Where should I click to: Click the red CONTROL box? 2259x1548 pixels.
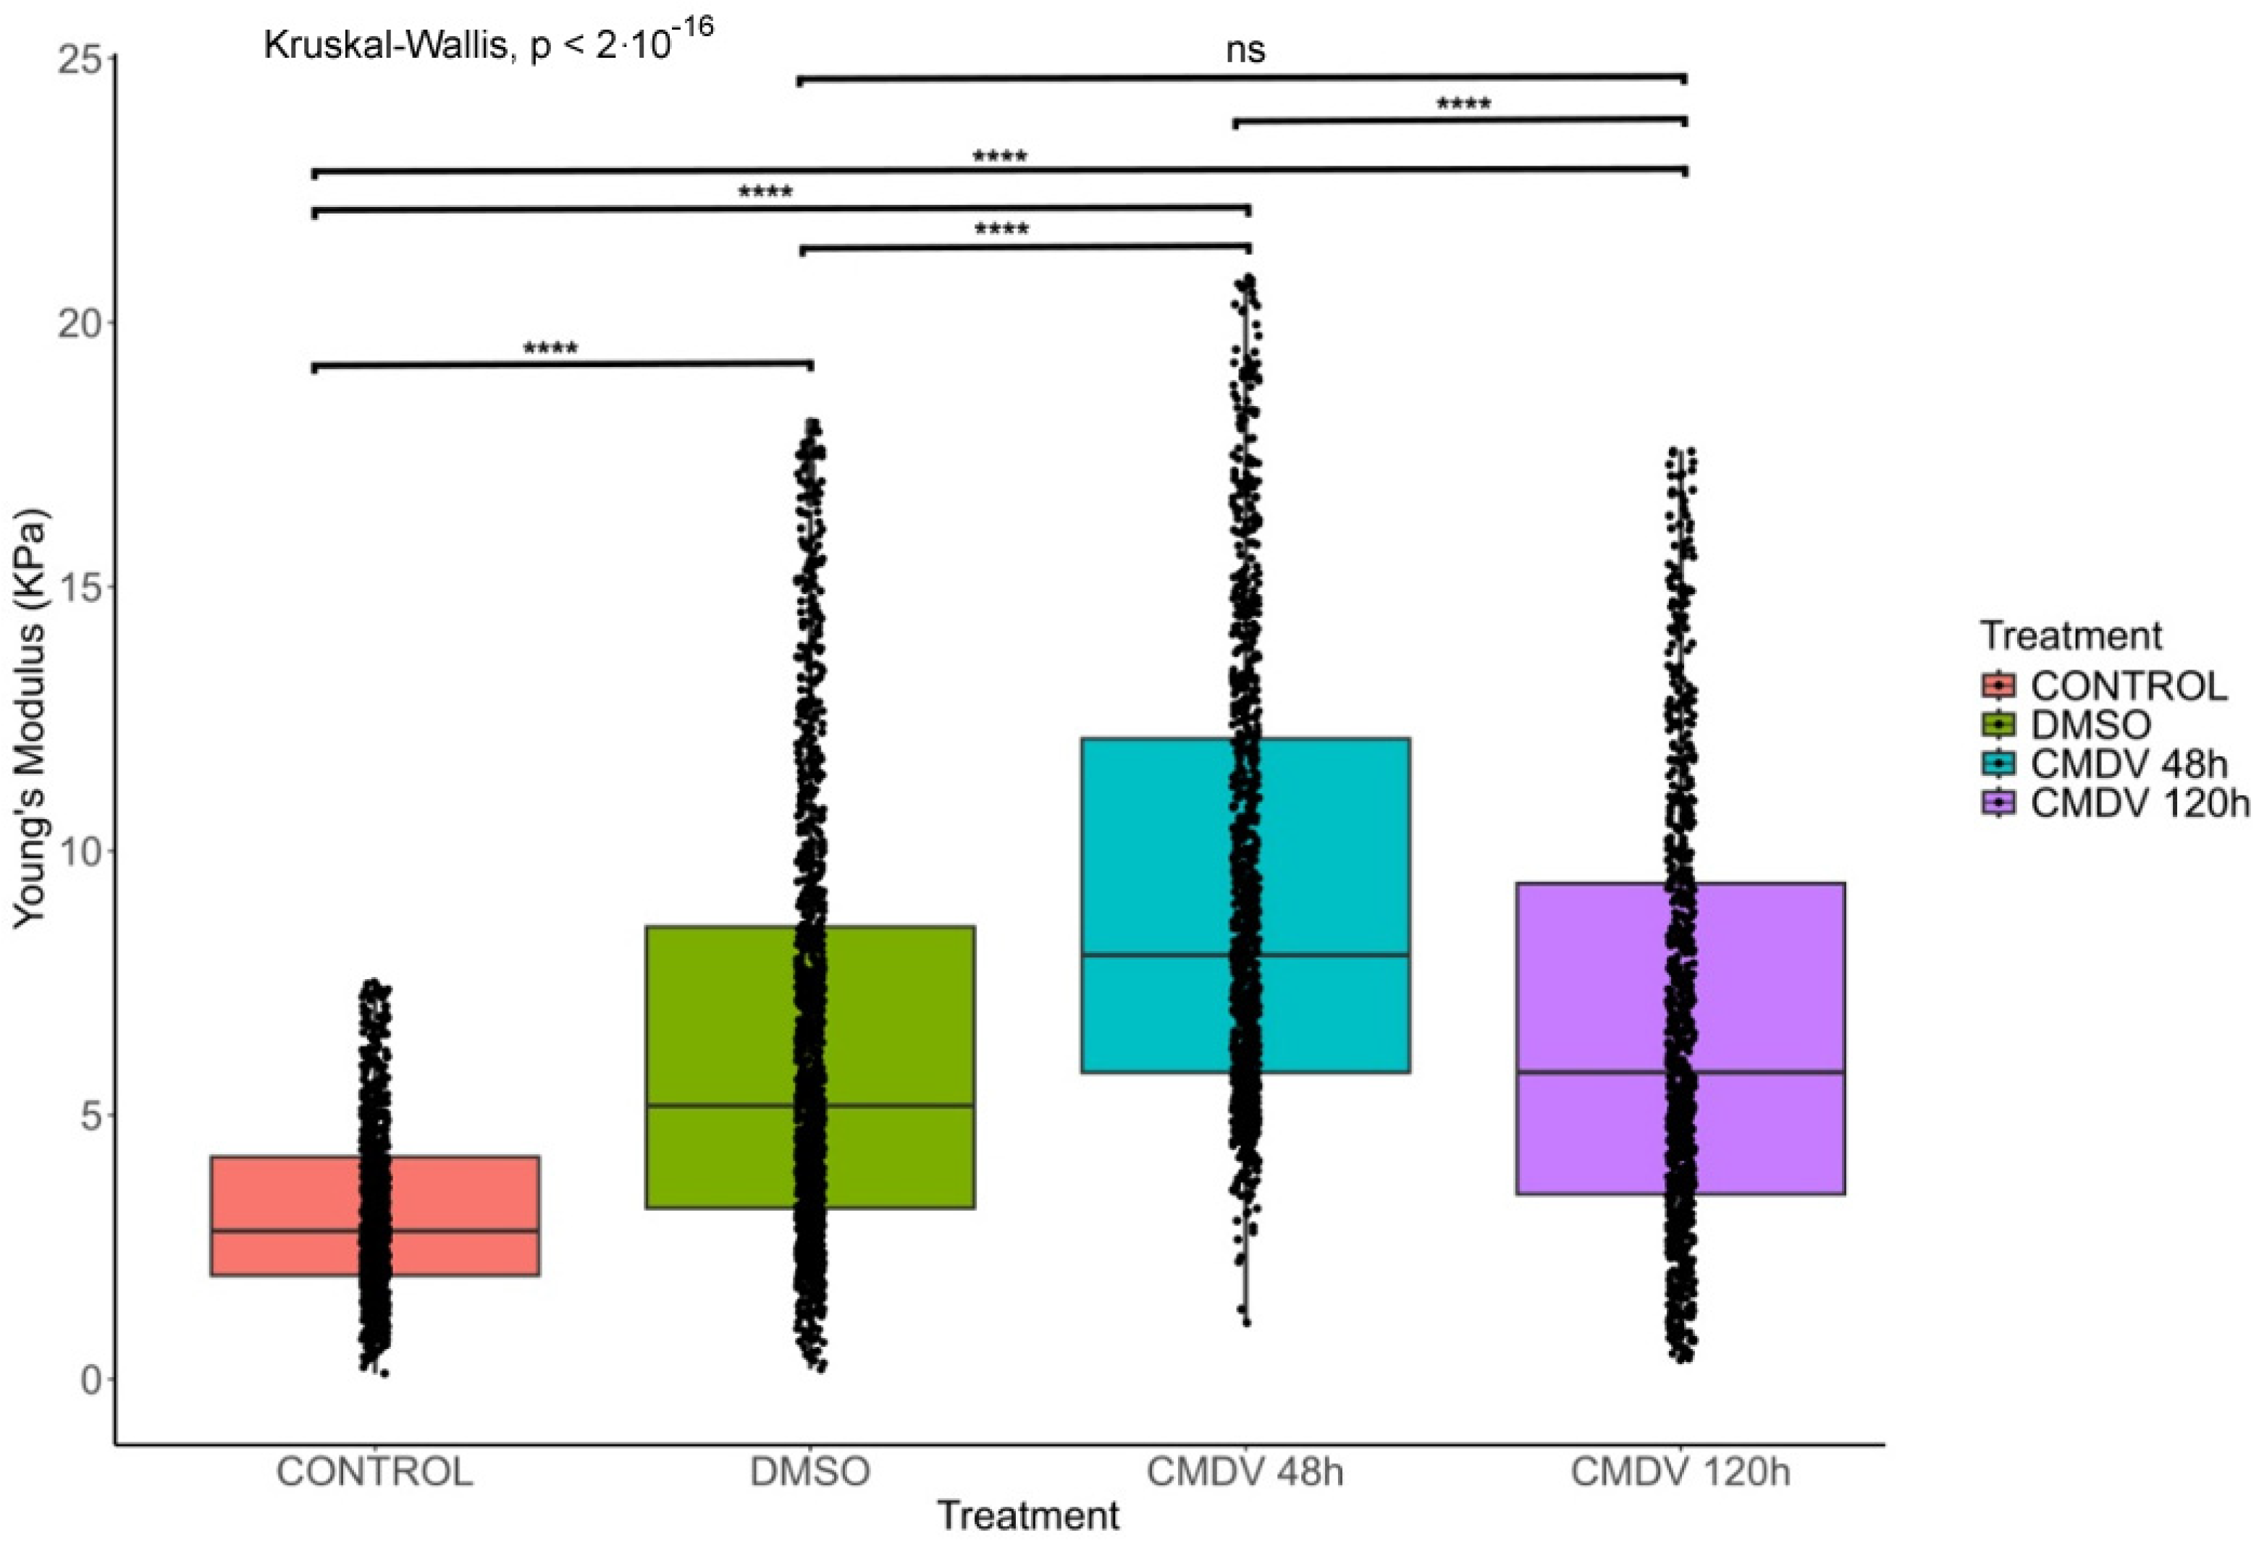[282, 1214]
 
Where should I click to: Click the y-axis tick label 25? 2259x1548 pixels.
[79, 60]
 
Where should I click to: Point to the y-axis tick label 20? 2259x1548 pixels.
[79, 323]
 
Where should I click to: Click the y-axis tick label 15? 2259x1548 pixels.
[79, 587]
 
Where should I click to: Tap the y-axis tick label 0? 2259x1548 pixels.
[91, 1380]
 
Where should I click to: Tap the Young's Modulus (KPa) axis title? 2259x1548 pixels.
[31, 719]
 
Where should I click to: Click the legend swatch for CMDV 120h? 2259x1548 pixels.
[1998, 803]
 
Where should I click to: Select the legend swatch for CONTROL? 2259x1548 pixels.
[1998, 686]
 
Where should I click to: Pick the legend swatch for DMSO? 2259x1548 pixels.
[1998, 725]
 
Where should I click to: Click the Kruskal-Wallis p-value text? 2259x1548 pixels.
[488, 43]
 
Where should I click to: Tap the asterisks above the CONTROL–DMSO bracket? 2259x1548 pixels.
[550, 349]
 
